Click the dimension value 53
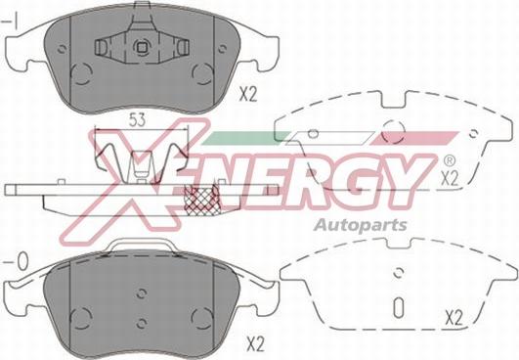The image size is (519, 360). coord(137,120)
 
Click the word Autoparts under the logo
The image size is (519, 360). coord(360,225)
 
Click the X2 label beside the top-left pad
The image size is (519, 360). coord(248,95)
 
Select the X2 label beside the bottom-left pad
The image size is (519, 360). coord(256,345)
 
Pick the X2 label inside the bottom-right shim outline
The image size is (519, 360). coord(454,319)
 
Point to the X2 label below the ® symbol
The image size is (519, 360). coord(450,179)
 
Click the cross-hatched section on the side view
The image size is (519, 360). coord(201,201)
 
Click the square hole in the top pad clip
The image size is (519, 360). coord(142,47)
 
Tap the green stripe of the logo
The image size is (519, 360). coord(245,138)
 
